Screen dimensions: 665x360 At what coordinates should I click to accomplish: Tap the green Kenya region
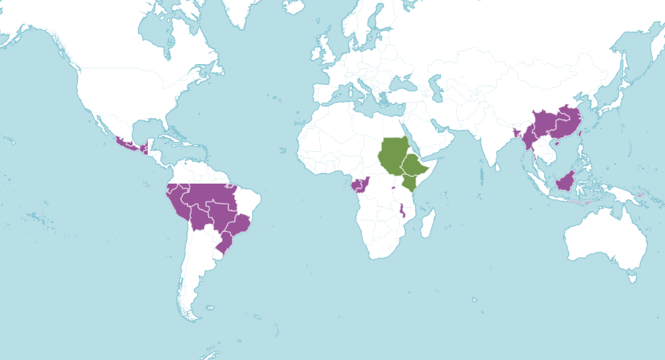click(410, 182)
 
